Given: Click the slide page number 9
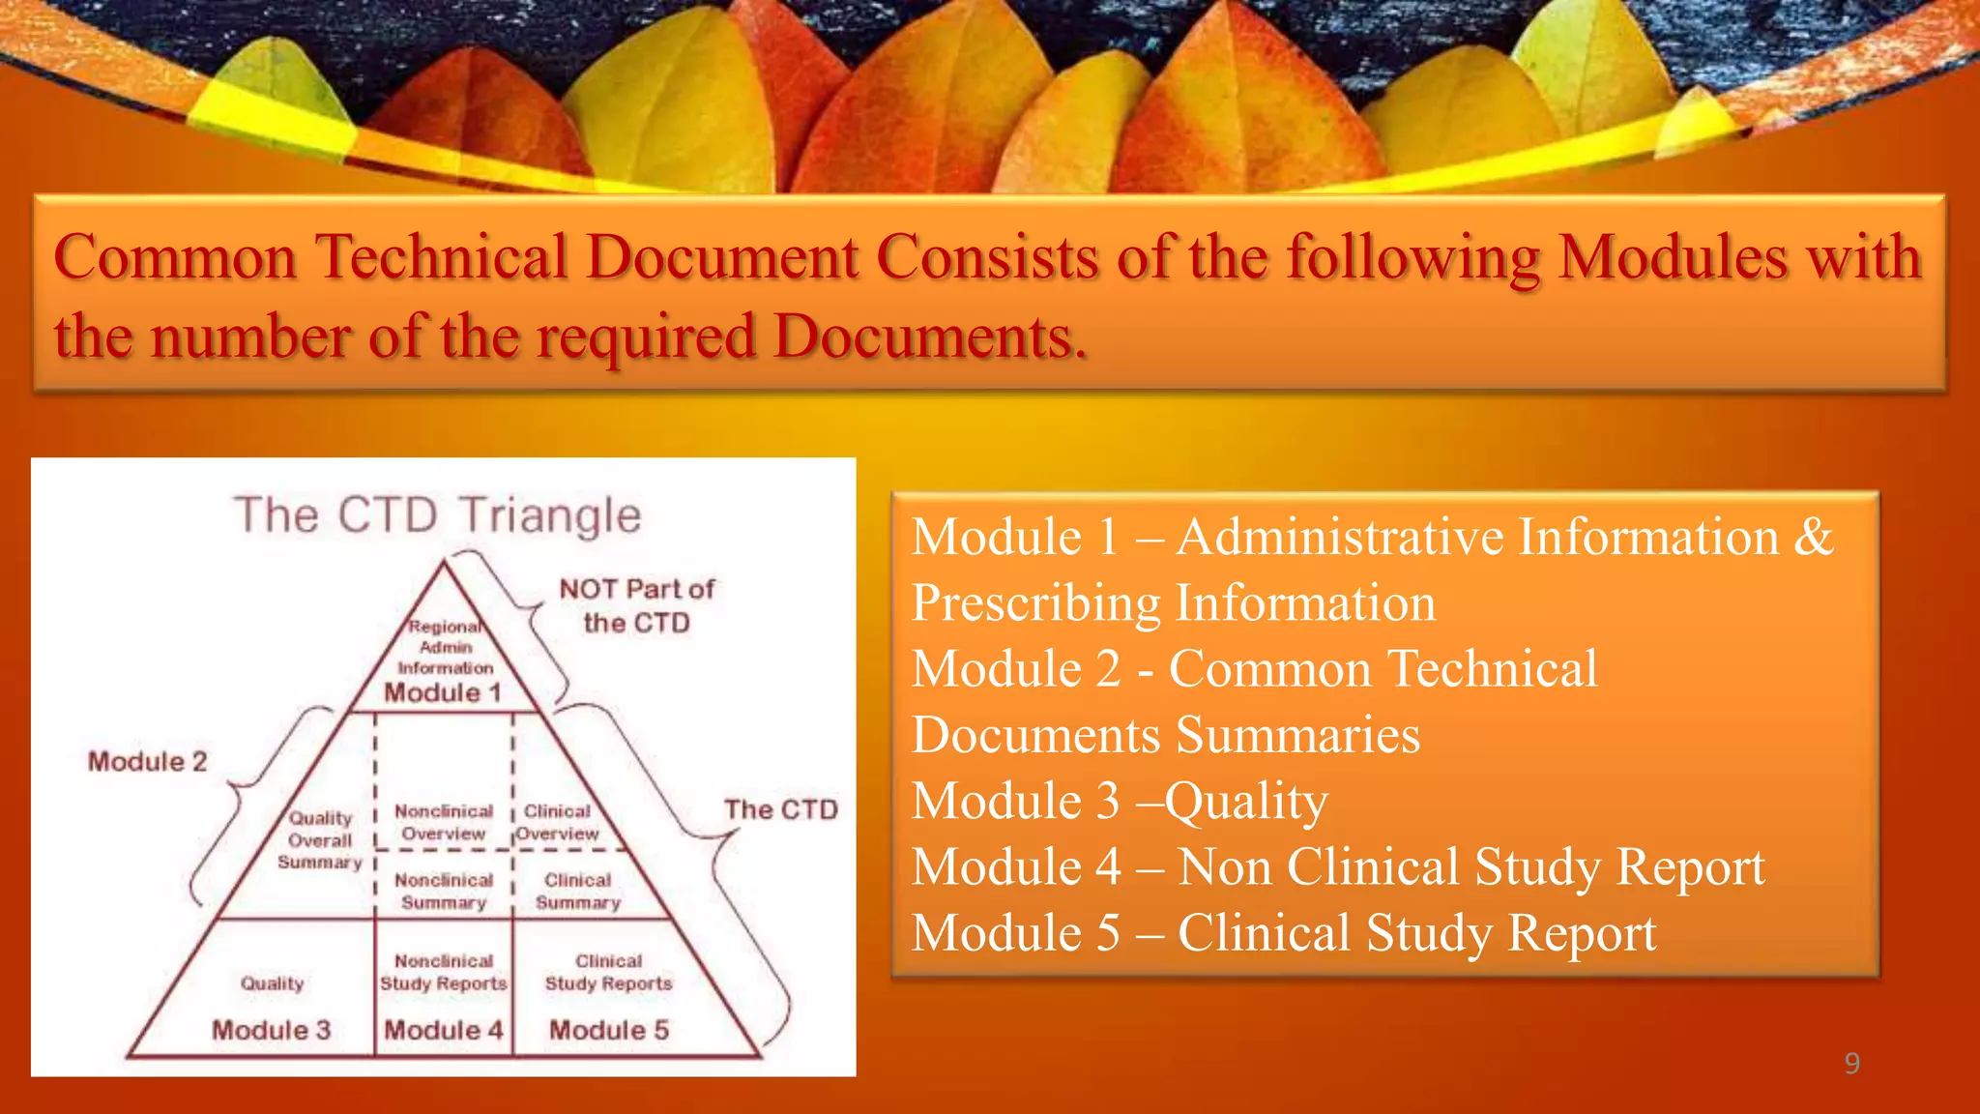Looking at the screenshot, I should [x=1851, y=1063].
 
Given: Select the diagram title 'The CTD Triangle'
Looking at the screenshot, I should [x=438, y=514].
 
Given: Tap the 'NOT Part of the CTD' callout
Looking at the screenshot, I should [x=636, y=605].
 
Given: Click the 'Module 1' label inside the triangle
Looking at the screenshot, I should [x=443, y=692].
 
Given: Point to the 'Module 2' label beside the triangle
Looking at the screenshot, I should [x=148, y=762].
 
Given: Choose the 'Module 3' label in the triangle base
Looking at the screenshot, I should [x=272, y=1030].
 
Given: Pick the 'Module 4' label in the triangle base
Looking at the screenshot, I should [x=444, y=1030].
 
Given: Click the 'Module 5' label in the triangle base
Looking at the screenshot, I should [x=609, y=1030].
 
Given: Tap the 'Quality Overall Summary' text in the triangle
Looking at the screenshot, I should [x=320, y=840].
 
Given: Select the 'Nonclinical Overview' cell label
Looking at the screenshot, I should [x=444, y=822].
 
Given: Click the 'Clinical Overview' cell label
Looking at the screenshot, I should [x=557, y=822].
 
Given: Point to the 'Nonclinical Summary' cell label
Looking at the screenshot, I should [x=444, y=891].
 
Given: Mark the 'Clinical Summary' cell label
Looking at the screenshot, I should [x=578, y=891].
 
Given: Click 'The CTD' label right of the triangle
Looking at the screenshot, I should [x=781, y=809].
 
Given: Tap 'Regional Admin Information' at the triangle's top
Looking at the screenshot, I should [x=446, y=647].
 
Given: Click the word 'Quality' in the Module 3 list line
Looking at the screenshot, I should [x=1246, y=802].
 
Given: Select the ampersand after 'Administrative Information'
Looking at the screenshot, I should [x=1814, y=537].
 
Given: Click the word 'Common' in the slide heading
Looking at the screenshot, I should [x=175, y=257].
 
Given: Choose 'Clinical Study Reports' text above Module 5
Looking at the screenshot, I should [x=609, y=972].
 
